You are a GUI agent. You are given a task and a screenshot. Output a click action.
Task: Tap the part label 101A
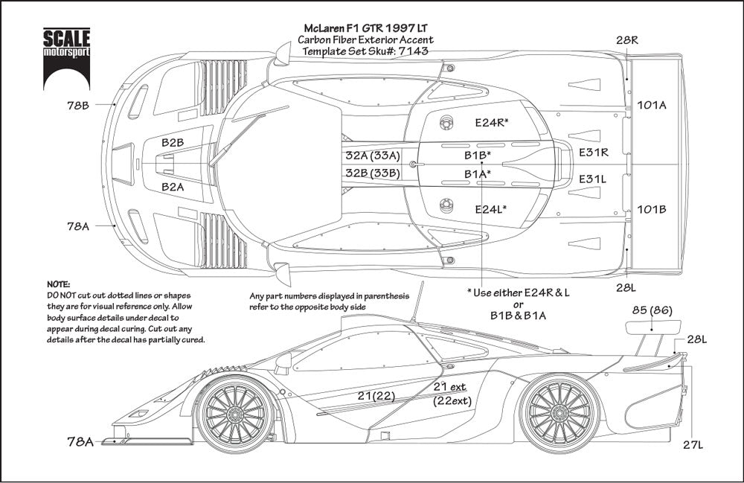[652, 105]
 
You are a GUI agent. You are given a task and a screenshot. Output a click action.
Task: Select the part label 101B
[652, 209]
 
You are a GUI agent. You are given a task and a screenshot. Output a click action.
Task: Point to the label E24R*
[492, 121]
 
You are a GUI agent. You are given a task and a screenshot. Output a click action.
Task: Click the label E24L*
[491, 210]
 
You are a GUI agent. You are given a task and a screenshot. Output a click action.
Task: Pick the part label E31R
[594, 152]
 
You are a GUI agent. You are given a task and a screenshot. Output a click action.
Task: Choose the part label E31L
[594, 179]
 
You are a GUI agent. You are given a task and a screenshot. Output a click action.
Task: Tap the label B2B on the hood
[173, 141]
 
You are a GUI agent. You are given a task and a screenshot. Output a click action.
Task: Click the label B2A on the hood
[173, 188]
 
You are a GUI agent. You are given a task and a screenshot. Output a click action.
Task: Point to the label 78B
[77, 106]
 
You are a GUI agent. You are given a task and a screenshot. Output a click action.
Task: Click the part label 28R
[626, 39]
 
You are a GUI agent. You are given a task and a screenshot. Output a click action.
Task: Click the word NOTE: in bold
[58, 285]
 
